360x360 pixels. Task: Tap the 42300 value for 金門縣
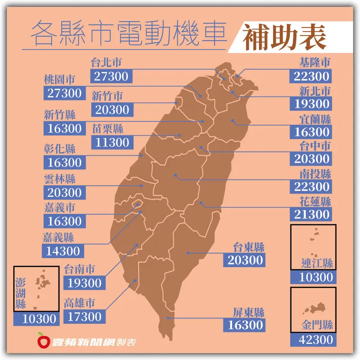point(312,339)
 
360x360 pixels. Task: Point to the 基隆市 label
point(314,63)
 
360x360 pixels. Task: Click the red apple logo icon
point(44,341)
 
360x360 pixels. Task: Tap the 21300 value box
point(312,214)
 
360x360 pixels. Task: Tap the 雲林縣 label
point(60,179)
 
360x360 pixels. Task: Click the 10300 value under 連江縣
point(312,277)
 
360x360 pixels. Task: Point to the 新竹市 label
point(107,96)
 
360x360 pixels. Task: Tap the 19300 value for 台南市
point(84,283)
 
